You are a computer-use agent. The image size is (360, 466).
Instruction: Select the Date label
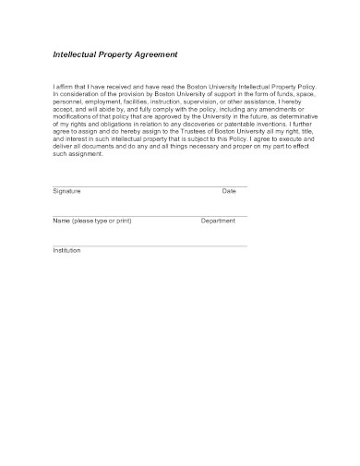point(229,191)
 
